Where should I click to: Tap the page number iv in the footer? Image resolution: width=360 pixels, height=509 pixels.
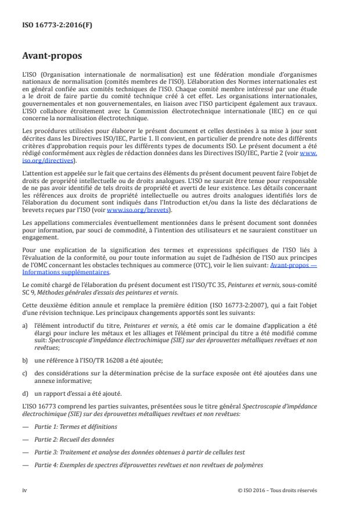[25, 490]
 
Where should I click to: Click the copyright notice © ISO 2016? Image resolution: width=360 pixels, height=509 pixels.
[278, 490]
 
